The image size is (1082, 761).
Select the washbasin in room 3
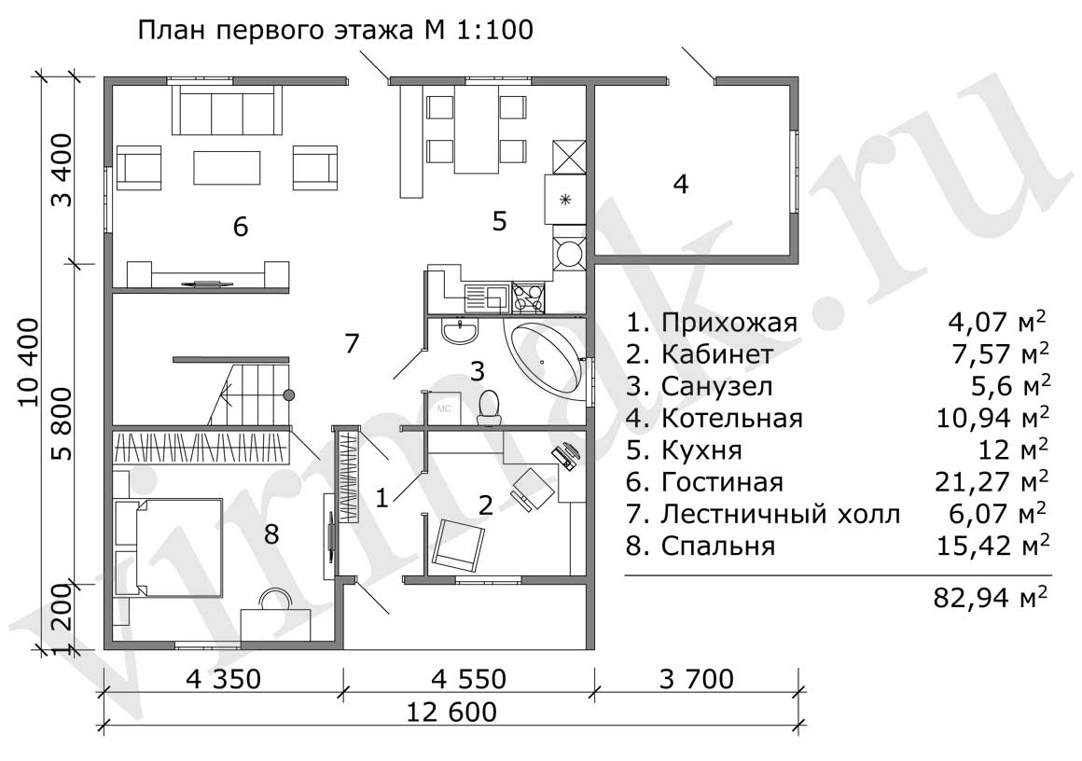click(x=460, y=330)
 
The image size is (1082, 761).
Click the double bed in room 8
click(x=178, y=547)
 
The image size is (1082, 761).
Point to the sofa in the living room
click(x=227, y=110)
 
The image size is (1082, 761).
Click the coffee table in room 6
click(x=227, y=168)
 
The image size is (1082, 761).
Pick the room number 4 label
click(x=680, y=185)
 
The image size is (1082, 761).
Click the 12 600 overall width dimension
click(x=451, y=712)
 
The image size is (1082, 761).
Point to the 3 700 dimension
click(x=696, y=679)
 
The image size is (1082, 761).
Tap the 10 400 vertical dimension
click(x=29, y=362)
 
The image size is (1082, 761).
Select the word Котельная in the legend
click(x=732, y=418)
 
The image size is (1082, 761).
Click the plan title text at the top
click(x=336, y=31)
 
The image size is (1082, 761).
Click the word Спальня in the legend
click(x=718, y=546)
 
